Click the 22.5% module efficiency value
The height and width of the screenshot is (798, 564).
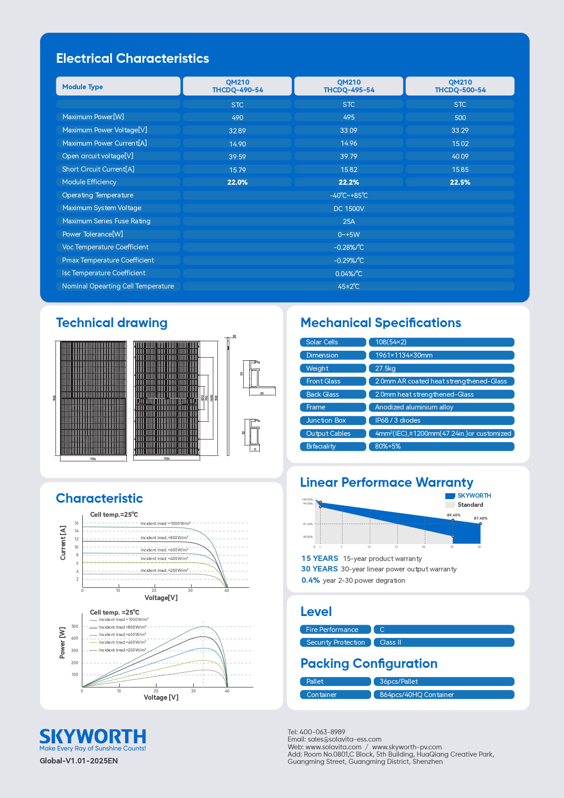tap(460, 182)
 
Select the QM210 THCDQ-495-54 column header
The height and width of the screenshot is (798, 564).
tap(349, 86)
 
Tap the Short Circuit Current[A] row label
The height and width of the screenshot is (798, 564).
tap(98, 169)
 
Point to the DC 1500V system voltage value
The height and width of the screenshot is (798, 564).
tap(349, 209)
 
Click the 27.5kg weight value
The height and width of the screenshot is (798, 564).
tap(385, 369)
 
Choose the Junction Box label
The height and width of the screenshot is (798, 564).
tap(326, 420)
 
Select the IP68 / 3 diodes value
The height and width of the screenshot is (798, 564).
tap(398, 420)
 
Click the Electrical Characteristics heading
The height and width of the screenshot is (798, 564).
tap(132, 58)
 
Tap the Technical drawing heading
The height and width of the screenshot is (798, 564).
tap(111, 323)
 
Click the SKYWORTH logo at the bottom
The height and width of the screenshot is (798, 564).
tap(93, 737)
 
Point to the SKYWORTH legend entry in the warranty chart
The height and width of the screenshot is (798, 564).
tap(474, 495)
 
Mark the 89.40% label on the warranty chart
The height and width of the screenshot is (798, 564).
tap(453, 515)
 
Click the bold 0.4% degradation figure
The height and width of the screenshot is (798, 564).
tap(311, 581)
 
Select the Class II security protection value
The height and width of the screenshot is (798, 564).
tap(390, 642)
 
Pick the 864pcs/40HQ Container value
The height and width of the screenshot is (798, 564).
tap(417, 695)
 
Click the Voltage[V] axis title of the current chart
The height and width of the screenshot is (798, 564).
tap(161, 598)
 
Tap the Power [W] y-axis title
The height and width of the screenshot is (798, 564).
tap(63, 643)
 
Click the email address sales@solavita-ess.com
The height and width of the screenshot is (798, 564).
tap(344, 739)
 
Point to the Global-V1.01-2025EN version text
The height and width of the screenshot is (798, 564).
tap(79, 761)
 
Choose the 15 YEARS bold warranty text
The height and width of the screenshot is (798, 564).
tap(320, 558)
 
